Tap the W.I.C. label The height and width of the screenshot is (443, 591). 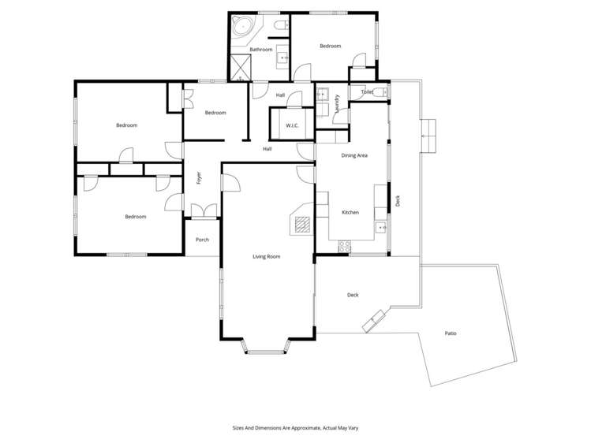click(291, 125)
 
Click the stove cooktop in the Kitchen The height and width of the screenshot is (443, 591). click(344, 248)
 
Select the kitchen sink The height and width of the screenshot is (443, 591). click(381, 228)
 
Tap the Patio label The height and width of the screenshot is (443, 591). click(450, 333)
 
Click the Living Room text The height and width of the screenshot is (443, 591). click(266, 256)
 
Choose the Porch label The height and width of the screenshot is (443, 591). click(202, 240)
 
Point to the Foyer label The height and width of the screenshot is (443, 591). click(199, 178)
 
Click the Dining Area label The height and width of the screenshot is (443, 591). click(353, 155)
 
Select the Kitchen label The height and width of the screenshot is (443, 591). click(350, 213)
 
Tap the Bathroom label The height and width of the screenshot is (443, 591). click(260, 50)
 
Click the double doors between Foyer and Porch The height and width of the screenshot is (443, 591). click(203, 212)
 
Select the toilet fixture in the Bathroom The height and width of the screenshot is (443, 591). click(278, 28)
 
